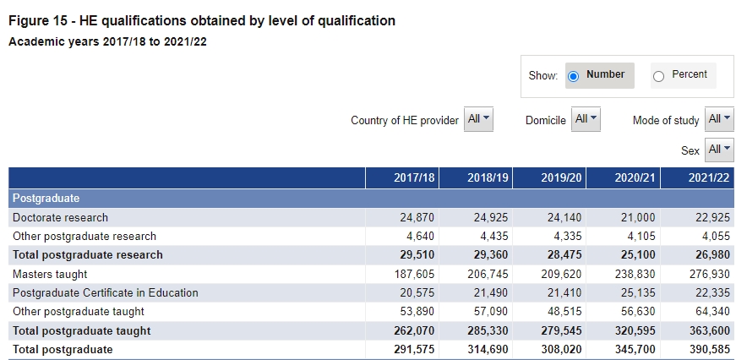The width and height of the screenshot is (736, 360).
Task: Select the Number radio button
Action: coord(574,76)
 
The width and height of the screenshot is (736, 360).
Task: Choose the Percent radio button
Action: coord(659,76)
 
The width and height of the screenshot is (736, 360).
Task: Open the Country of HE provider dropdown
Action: coord(479,120)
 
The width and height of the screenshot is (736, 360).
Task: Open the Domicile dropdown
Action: coord(586,120)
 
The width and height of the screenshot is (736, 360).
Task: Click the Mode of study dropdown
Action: coord(720,120)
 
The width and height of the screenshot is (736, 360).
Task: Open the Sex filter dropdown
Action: coord(720,150)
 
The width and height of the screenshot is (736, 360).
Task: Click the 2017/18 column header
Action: coord(414,178)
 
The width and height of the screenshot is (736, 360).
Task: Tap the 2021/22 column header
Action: coord(708,178)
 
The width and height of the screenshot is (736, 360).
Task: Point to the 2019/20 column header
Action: coord(561,178)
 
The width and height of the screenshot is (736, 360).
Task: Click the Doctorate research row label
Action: coord(60,217)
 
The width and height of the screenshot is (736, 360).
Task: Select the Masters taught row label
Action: coord(50,274)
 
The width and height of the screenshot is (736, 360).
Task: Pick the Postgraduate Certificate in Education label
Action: coord(105,292)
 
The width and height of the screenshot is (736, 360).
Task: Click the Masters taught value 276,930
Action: coord(707,274)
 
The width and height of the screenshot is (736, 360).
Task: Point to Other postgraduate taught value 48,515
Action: coord(562,312)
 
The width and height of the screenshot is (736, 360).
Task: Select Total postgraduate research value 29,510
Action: coord(417,254)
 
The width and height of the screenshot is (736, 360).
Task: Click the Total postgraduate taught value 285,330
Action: coord(488,330)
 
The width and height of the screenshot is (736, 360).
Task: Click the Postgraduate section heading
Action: coord(46,198)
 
